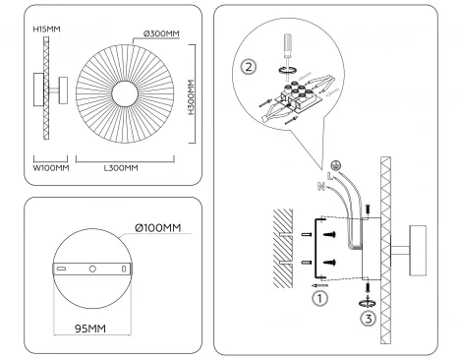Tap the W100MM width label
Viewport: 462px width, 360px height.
coord(51,168)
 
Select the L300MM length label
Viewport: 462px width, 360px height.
coord(120,168)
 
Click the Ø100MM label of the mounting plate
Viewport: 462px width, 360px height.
coord(158,229)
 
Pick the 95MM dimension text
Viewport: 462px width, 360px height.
coord(91,328)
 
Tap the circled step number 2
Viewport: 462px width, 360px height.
coord(249,68)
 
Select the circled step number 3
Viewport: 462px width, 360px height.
coord(367,317)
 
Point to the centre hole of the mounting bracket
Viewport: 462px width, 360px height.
coord(91,269)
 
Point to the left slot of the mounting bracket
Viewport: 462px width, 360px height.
coord(61,269)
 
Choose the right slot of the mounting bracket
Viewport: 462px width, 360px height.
coord(123,269)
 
